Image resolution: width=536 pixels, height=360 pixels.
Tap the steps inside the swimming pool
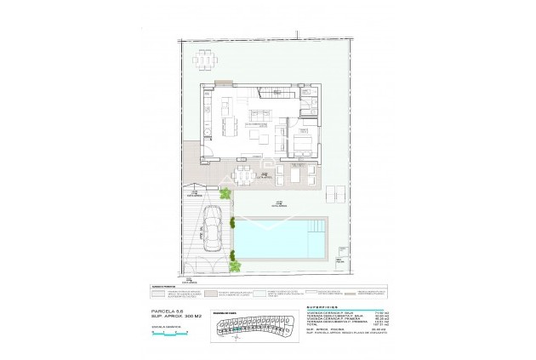[319, 226]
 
